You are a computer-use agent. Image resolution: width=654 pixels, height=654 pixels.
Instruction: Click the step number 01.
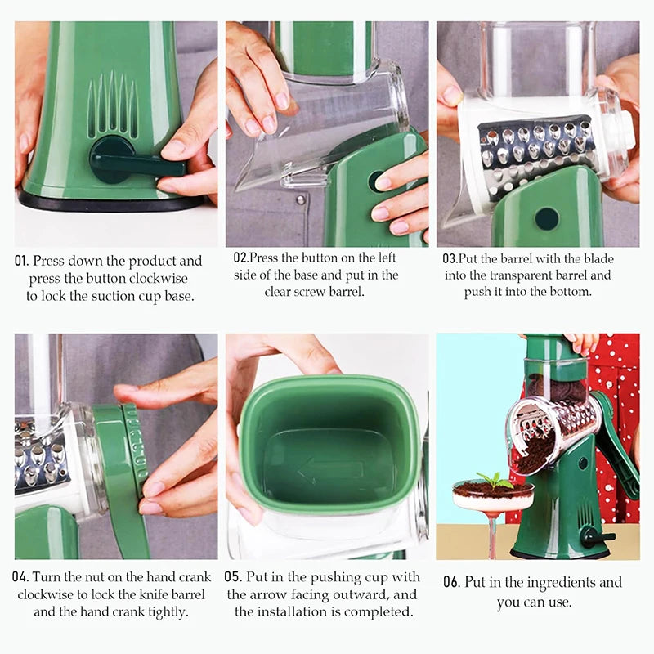click(22, 262)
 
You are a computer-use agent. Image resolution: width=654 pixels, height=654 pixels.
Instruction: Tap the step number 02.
click(240, 258)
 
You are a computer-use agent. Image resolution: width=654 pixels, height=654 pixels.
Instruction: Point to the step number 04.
click(20, 577)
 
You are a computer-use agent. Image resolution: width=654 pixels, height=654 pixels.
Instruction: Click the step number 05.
click(232, 577)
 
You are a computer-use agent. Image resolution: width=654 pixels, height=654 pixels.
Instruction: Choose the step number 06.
click(451, 583)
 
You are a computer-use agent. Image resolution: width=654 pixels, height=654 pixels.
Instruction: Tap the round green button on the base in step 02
click(378, 181)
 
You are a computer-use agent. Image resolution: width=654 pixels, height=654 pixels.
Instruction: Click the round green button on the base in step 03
click(546, 218)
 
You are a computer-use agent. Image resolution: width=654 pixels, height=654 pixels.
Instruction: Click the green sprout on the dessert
click(493, 480)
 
